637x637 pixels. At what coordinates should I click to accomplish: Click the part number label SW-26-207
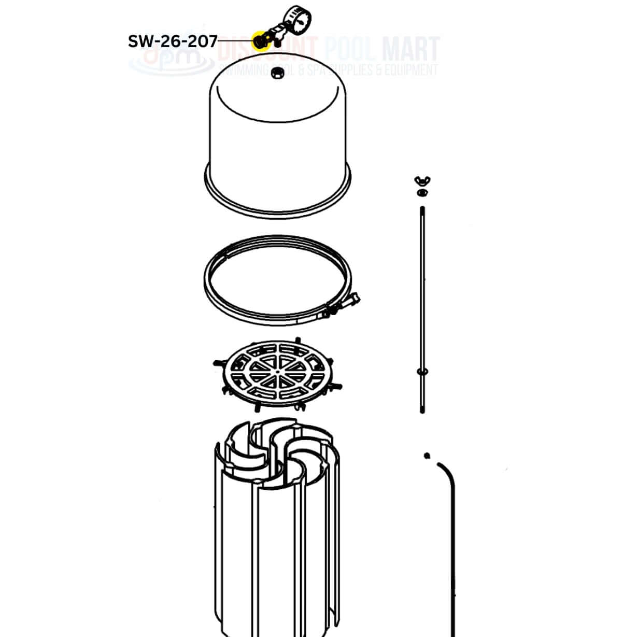coord(173,41)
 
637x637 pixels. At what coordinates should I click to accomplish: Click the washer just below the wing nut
coord(421,193)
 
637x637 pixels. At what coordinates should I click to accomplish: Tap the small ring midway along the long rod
coord(422,371)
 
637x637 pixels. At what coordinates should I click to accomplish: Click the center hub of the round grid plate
coord(278,371)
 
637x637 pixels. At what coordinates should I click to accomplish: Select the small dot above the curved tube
coord(427,456)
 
